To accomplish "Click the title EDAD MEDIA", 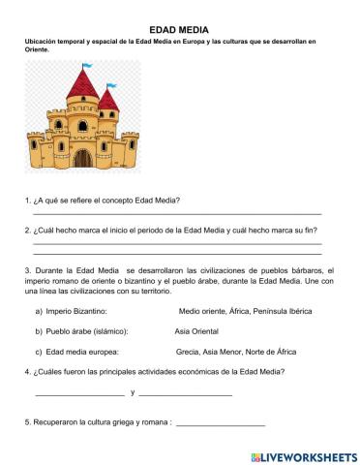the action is pyautogui.click(x=180, y=31).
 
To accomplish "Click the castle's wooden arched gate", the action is pyautogui.click(x=84, y=156).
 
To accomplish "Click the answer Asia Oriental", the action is pyautogui.click(x=197, y=331).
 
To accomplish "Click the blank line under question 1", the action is pyautogui.click(x=177, y=213).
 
